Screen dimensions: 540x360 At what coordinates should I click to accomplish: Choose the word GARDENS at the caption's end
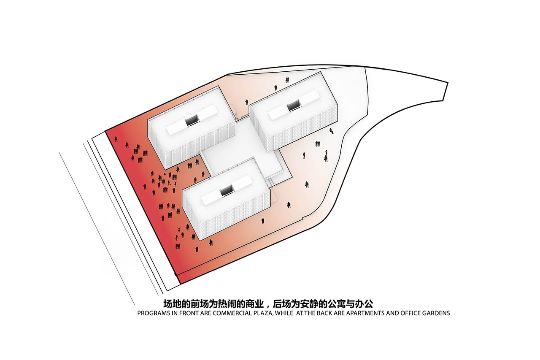(436, 314)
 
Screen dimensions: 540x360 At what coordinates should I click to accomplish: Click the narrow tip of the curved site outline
(445, 91)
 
